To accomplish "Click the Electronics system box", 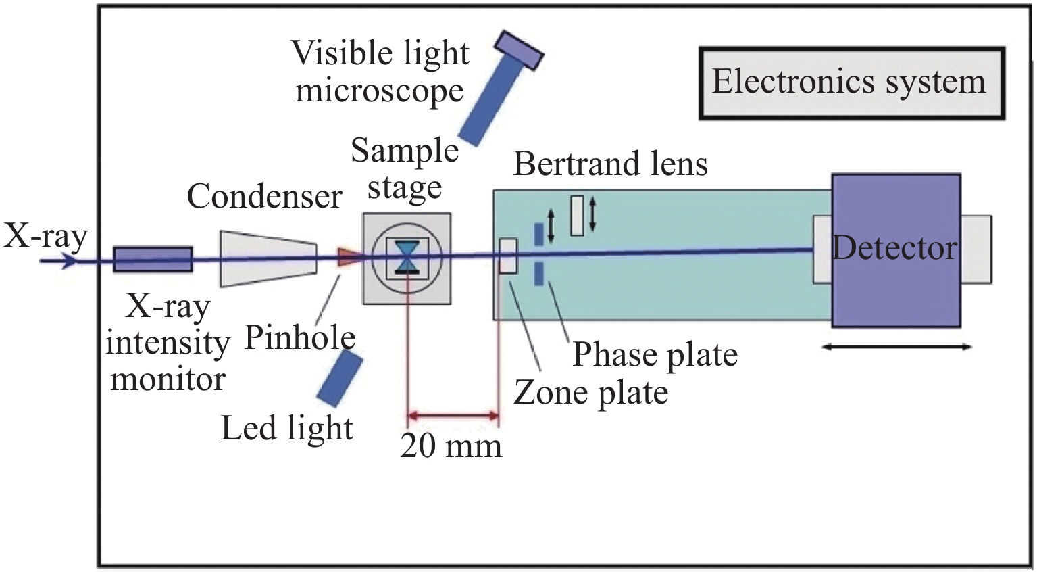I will tap(851, 84).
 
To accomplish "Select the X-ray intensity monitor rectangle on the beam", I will tap(153, 260).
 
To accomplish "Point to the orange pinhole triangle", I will tap(348, 257).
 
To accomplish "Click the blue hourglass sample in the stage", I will tap(407, 258).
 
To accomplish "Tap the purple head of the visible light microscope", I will tap(519, 49).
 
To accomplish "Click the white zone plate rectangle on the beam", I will tap(508, 256).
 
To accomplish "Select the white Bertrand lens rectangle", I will tap(577, 216).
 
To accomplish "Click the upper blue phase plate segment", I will tap(538, 234).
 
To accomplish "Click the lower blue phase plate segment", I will tap(539, 274).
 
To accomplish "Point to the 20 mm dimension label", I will tap(451, 446).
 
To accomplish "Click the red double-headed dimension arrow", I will tap(453, 415).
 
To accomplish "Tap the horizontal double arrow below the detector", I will tap(896, 348).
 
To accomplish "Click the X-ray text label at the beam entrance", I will tap(46, 236).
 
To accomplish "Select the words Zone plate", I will tap(591, 393).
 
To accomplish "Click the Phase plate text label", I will tap(655, 355).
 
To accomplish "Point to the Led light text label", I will tap(287, 429).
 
